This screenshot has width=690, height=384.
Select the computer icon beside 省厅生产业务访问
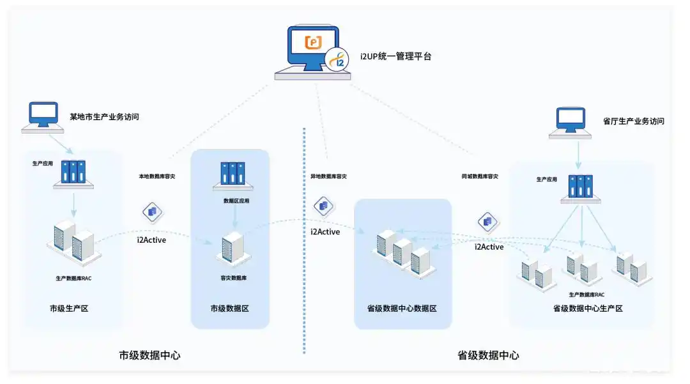coord(571,122)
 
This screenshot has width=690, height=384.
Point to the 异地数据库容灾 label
coord(324,176)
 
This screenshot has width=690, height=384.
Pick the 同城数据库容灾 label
coord(480,176)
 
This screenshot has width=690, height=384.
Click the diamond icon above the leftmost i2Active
coord(153,211)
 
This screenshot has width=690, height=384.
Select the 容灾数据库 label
coord(230,279)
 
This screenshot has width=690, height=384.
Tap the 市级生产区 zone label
coord(68,309)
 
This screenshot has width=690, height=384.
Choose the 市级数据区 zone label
coord(230,309)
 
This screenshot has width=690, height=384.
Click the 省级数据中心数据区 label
coord(402,309)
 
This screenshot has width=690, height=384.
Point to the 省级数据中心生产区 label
coord(587,309)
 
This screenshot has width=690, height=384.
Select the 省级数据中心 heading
coord(488,355)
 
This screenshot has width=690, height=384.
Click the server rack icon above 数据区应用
coord(233,174)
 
